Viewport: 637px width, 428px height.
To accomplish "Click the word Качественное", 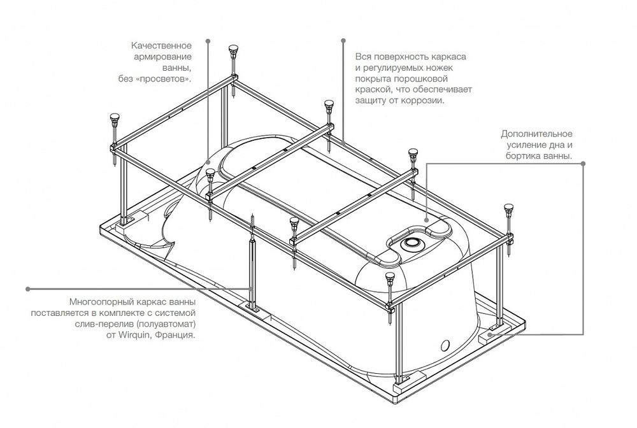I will (162, 46).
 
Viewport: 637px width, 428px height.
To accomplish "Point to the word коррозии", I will (424, 101).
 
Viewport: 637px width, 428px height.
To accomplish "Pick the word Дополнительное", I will (536, 134).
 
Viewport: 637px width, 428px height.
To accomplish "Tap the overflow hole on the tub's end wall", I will (446, 346).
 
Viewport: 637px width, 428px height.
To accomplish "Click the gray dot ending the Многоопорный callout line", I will (27, 289).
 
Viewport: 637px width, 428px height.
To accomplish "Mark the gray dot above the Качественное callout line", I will (208, 41).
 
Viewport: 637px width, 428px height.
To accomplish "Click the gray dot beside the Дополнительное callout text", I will (583, 164).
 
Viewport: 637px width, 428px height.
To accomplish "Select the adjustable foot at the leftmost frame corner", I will (115, 118).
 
